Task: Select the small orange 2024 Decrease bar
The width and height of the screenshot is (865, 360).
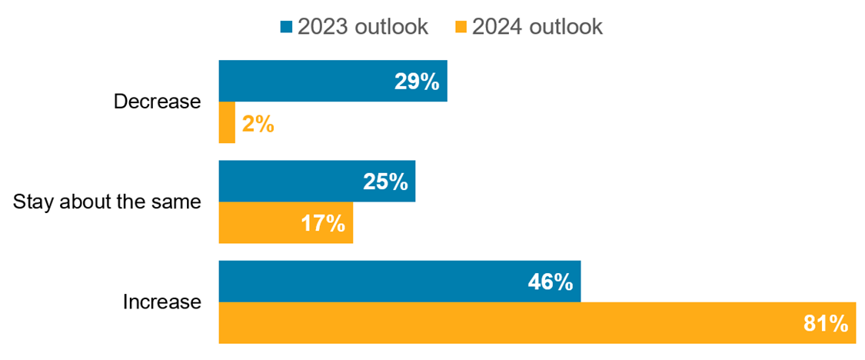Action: coord(227,123)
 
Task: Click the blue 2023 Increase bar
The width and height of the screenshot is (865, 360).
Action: coord(384,282)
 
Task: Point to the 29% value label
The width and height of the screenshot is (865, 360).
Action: coord(417,82)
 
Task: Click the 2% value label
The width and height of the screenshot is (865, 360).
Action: coord(258,124)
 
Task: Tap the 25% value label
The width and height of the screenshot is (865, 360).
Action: coord(385,182)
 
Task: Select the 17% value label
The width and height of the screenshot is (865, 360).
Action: coord(322,224)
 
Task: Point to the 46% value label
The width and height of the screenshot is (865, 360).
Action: coord(550,282)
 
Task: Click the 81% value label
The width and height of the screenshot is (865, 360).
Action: coord(825,324)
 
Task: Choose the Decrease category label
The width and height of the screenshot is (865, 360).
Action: coord(157,102)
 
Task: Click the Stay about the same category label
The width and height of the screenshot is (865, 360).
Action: coord(108,202)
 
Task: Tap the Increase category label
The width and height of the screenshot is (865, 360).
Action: coord(161,302)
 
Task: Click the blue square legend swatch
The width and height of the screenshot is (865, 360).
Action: coord(287,27)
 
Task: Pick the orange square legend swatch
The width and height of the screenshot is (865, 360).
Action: coord(461,27)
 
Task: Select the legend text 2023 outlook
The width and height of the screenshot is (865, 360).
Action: coord(362,27)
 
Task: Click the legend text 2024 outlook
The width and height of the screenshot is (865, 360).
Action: coord(537,27)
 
